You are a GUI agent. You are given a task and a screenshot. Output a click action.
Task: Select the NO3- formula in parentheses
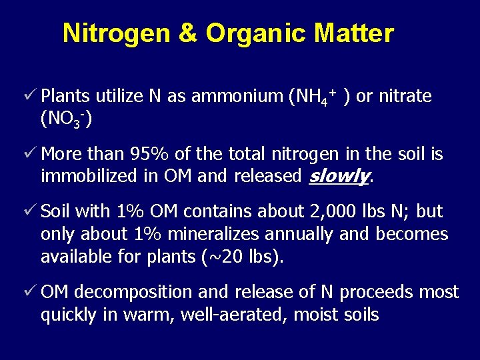click(66, 119)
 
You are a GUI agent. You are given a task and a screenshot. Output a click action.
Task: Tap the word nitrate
click(404, 97)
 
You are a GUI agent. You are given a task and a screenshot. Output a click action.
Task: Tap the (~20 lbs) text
click(245, 257)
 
